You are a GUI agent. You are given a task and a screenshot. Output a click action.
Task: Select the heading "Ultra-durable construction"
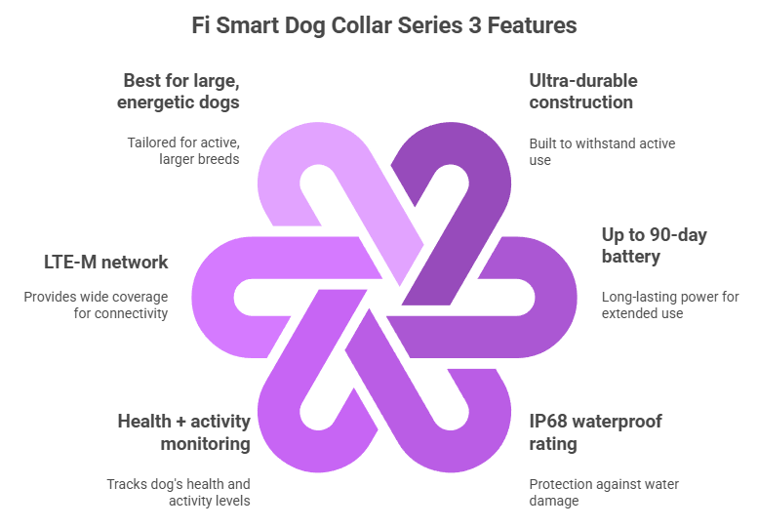583,91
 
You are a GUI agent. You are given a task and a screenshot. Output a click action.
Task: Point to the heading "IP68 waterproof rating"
595,431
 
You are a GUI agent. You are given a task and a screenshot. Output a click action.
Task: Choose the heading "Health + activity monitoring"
183,431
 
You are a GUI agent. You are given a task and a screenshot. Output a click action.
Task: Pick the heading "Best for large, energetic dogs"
181,91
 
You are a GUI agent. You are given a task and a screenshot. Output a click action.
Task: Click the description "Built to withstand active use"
602,151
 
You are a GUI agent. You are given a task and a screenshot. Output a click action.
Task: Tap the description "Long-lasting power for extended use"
669,305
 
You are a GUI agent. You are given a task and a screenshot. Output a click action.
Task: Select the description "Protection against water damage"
604,492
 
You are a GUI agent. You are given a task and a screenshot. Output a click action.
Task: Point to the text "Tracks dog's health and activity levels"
179,492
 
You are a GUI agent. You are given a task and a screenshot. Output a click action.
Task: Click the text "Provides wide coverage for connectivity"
97,305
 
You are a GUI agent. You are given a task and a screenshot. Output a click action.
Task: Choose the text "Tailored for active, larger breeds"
183,151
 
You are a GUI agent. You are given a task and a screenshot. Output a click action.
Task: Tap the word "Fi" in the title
203,25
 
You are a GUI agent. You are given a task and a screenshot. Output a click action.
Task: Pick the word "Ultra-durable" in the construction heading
583,80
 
